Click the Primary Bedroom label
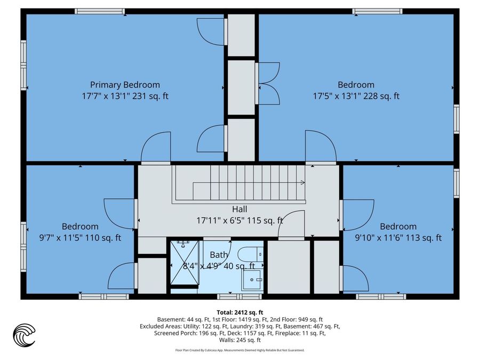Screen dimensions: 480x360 pyautogui.click(x=125, y=85)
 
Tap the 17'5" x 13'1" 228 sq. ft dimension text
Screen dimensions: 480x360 pyautogui.click(x=356, y=96)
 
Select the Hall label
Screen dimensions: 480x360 pyautogui.click(x=239, y=210)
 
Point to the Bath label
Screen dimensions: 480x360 pyautogui.click(x=219, y=255)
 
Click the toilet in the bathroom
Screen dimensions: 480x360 pyautogui.click(x=251, y=254)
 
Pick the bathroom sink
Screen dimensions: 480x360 pyautogui.click(x=252, y=280)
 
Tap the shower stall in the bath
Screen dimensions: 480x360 pyautogui.click(x=185, y=263)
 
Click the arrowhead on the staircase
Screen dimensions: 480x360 pyautogui.click(x=302, y=183)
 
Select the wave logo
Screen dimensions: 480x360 pyautogui.click(x=24, y=335)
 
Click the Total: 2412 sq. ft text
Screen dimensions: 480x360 pyautogui.click(x=240, y=313)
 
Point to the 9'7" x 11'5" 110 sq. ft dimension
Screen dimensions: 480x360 pyautogui.click(x=80, y=238)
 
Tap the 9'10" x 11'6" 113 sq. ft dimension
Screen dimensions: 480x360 pyautogui.click(x=398, y=238)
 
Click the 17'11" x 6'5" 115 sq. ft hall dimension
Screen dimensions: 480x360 pyautogui.click(x=239, y=220)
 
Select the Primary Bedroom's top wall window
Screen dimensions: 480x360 pyautogui.click(x=100, y=11)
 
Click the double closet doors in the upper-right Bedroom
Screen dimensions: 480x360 pyautogui.click(x=268, y=83)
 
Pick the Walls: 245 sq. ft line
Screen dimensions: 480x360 pyautogui.click(x=240, y=340)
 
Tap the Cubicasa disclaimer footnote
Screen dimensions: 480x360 pyautogui.click(x=240, y=350)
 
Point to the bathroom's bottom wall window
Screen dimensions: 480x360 pyautogui.click(x=239, y=297)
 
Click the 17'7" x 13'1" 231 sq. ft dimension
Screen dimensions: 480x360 pyautogui.click(x=125, y=96)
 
